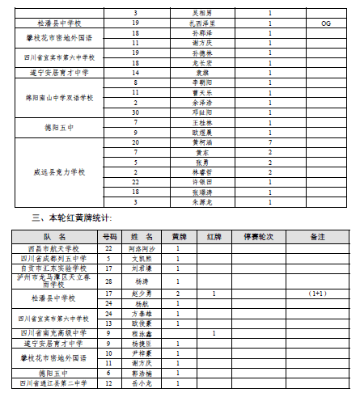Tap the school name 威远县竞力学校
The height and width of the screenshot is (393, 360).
coord(60,172)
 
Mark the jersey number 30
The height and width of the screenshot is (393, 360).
coord(136,112)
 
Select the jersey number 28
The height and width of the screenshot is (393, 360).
coord(108,280)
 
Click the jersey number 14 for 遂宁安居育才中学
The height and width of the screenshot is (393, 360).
coord(136,72)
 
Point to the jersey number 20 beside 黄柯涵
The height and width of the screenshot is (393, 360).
coord(136,142)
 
